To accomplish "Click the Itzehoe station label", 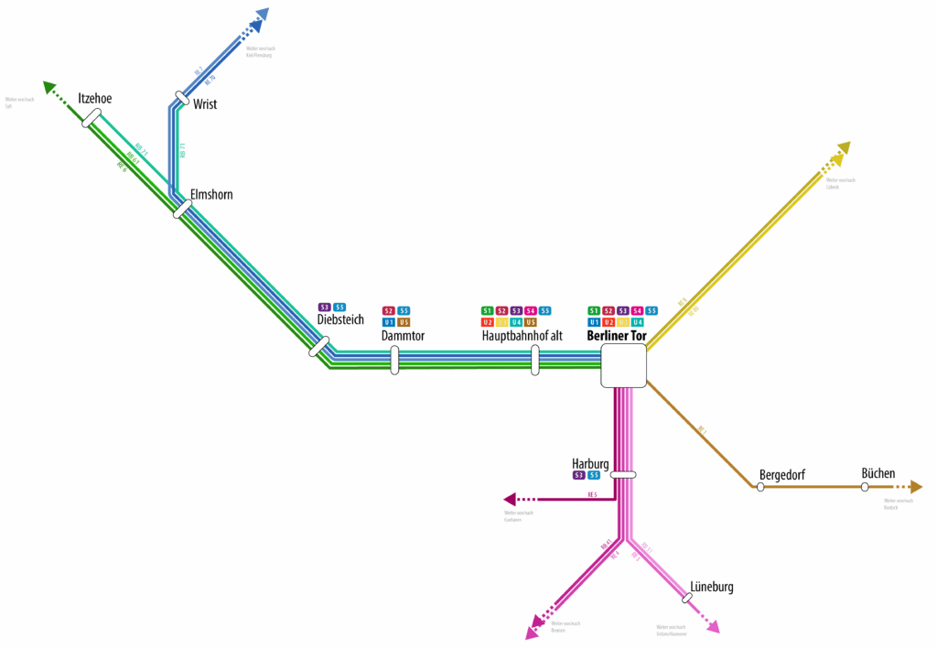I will pos(95,99).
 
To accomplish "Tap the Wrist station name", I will pos(205,104).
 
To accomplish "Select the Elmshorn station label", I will pos(211,195).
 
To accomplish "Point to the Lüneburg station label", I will pos(712,587).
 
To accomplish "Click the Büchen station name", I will pos(878,473).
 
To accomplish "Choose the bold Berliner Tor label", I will pos(617,337).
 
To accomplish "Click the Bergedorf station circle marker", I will pos(760,487).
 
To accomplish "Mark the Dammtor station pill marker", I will pos(394,360).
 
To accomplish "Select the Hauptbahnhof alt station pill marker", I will pos(534,360).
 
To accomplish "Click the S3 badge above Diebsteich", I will pos(324,308).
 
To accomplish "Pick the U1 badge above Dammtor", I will pos(389,322).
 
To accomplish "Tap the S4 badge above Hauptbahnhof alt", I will pos(531,311).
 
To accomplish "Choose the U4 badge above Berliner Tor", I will pos(638,322).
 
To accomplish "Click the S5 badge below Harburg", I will pos(594,475).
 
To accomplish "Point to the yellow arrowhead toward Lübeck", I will pos(844,149).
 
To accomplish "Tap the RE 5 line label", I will pos(592,495).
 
